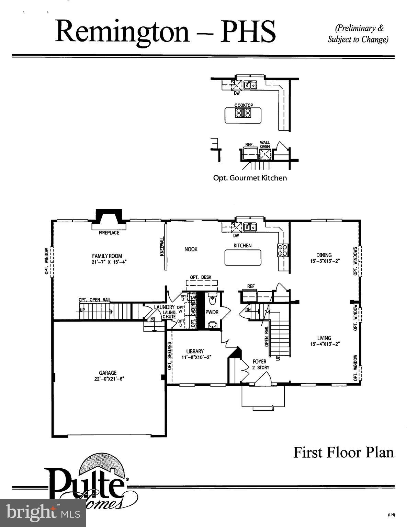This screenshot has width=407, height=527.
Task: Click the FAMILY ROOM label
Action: point(107,256)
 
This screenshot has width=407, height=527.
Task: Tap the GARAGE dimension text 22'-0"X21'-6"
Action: point(108,379)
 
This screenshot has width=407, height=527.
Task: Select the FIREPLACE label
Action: point(109,233)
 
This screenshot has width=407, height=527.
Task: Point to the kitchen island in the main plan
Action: point(243,257)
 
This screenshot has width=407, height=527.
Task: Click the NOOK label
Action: point(191,249)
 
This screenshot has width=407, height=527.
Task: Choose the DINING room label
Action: point(324,255)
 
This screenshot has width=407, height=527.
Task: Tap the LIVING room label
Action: point(324,338)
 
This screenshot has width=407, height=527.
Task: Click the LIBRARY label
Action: point(195,351)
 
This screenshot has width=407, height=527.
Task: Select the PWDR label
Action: point(212,313)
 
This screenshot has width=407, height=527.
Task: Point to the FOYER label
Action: point(259,361)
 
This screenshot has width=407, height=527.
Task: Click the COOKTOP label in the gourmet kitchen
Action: point(244,105)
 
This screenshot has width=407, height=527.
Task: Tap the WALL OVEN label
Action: point(265,144)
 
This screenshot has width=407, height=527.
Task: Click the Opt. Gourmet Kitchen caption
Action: point(250,178)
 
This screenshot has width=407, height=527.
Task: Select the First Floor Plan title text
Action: point(343,452)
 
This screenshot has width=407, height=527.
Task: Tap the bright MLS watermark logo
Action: point(43,513)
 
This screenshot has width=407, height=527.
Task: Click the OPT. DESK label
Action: point(201,277)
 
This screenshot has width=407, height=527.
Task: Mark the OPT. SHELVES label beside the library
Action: point(170,355)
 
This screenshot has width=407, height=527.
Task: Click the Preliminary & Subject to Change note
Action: point(358,34)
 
